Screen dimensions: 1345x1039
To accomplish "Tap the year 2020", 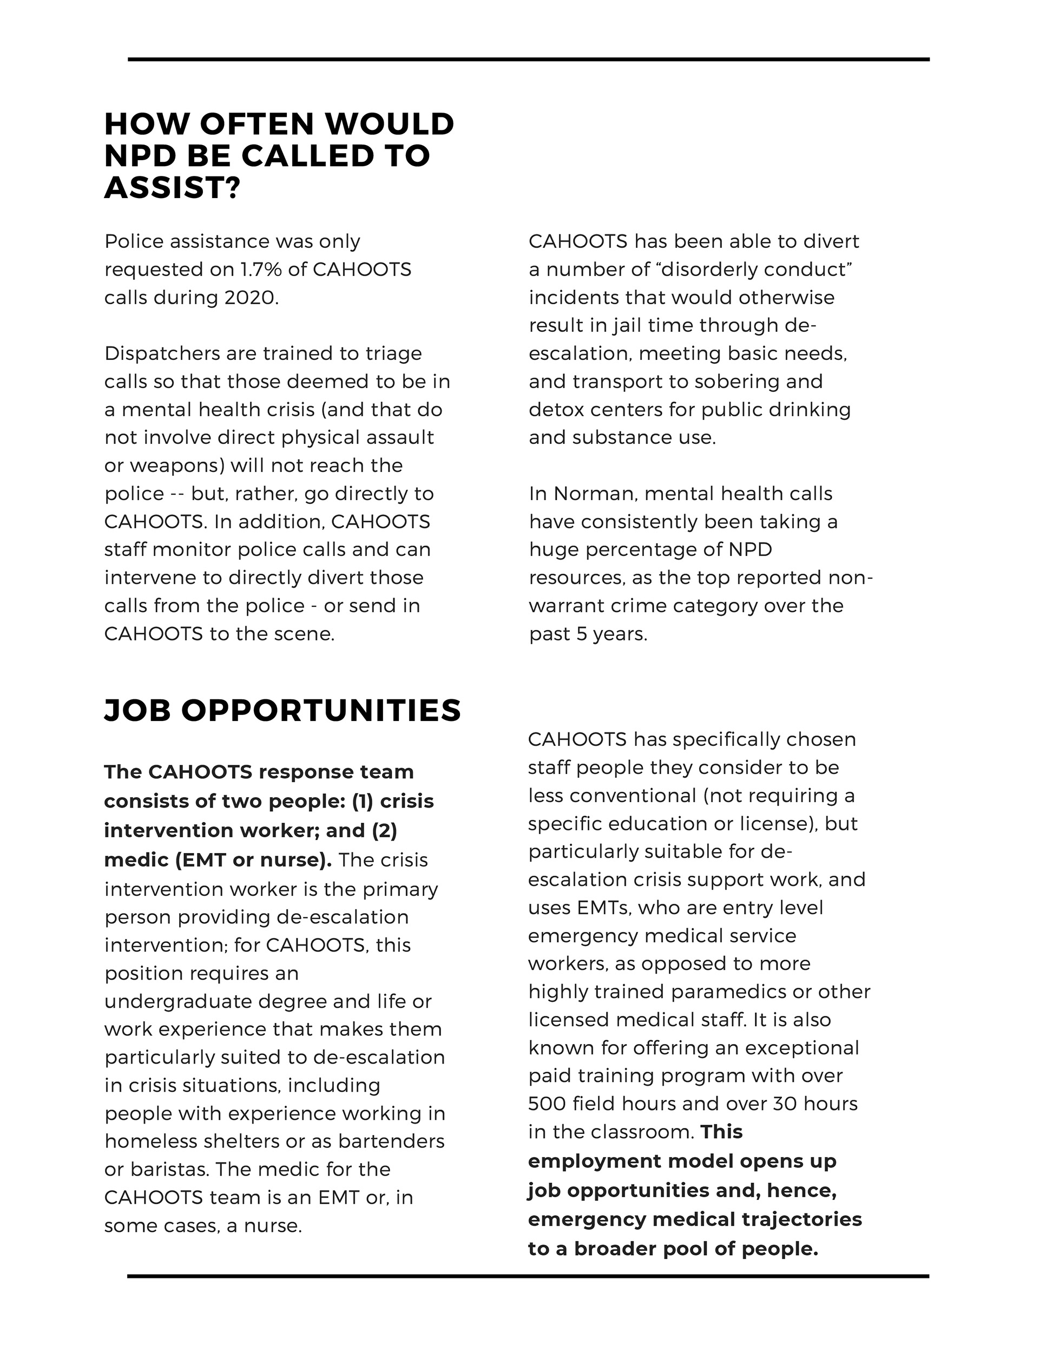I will [250, 298].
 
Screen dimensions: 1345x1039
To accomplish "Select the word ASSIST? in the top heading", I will [171, 187].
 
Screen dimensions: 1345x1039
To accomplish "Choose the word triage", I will [393, 354].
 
